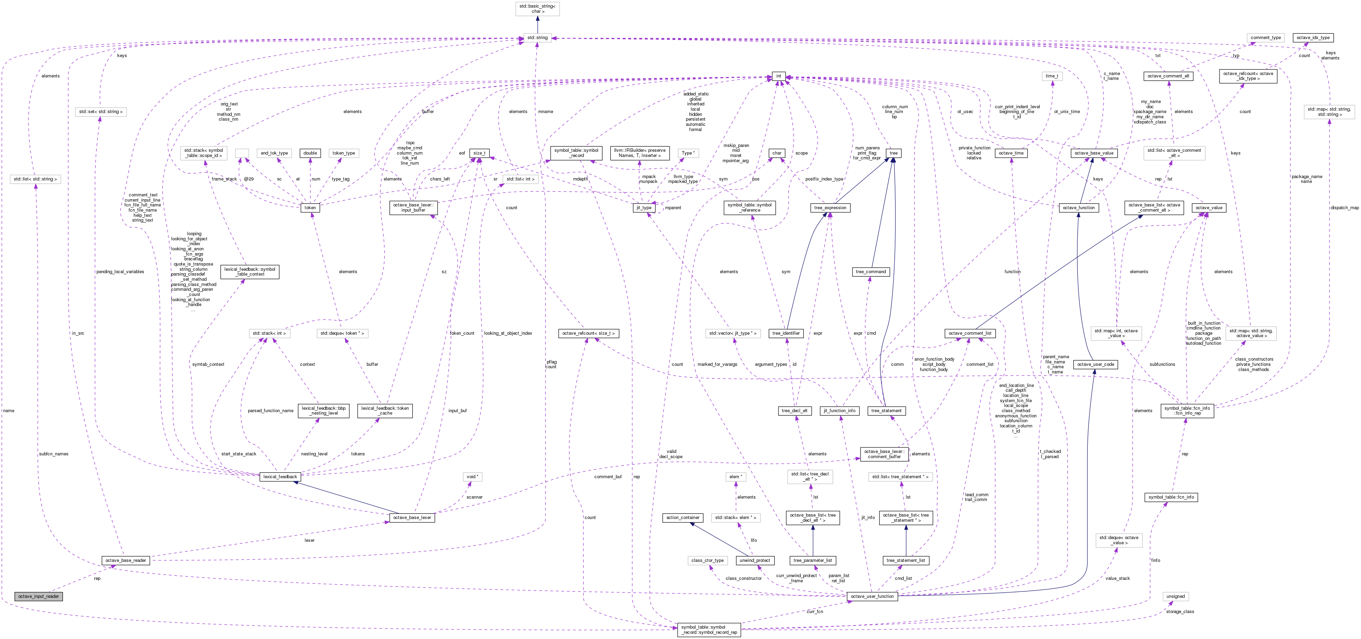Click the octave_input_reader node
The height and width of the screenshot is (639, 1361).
point(39,596)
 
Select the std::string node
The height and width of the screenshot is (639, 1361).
point(537,37)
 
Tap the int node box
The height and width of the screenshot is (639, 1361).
point(778,76)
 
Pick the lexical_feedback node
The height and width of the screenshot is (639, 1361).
point(280,477)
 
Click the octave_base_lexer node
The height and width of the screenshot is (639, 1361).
point(412,518)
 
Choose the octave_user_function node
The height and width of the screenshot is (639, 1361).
point(872,596)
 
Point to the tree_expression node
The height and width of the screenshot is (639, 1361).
point(830,207)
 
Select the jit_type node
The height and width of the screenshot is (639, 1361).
point(644,207)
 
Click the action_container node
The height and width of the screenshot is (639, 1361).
point(683,518)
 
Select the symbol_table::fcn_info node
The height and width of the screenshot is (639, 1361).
point(1171,497)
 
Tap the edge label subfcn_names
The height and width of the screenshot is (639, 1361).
point(53,454)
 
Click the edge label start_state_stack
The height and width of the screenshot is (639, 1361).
point(239,454)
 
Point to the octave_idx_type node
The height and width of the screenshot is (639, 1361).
point(1313,37)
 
